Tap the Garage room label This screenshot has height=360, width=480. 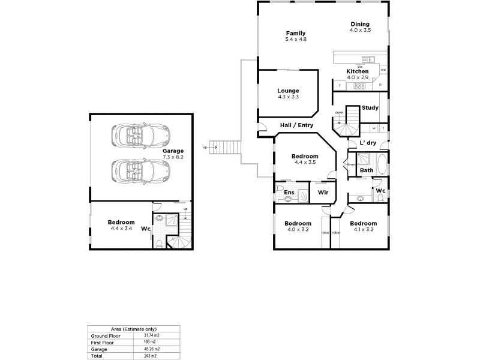point(173,151)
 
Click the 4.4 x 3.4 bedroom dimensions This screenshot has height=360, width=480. point(121,229)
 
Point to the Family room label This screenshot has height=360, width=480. point(296,33)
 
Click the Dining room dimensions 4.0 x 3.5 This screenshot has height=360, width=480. point(361,30)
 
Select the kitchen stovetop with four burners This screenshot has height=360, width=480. point(359,86)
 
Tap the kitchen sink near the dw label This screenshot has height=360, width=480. point(370,59)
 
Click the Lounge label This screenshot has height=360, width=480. point(288,91)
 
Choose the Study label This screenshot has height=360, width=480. point(370,108)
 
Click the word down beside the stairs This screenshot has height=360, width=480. point(339,113)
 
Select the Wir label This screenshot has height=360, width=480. point(323,193)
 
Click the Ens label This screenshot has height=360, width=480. point(289,193)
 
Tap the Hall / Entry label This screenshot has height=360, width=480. point(297,125)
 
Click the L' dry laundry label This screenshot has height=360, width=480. point(367,143)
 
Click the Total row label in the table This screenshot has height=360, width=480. point(97,355)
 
